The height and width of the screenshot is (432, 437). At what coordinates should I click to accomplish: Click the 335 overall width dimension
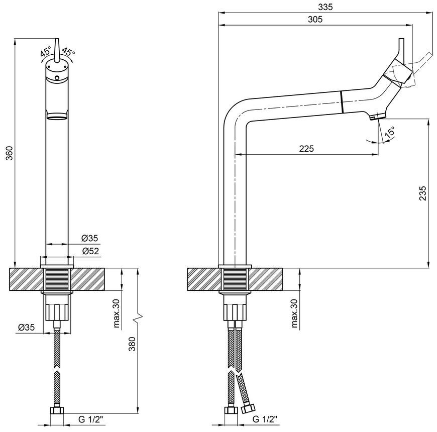coord(325,7)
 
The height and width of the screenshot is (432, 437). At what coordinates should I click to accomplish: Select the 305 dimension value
coord(315,19)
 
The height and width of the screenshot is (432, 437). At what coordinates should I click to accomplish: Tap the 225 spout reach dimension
coord(306,149)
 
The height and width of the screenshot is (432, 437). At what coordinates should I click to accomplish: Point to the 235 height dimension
coord(422,193)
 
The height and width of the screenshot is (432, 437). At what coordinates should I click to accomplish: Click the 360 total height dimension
coord(10,153)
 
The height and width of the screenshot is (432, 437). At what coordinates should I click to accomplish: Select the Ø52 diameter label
coord(90,251)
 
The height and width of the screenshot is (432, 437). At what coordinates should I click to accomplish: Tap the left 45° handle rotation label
coord(46,52)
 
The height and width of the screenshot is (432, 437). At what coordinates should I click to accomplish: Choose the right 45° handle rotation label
coord(68,52)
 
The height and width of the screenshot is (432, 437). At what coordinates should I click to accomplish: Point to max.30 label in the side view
coord(294,313)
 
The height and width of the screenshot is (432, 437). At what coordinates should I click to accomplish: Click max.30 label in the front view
coord(116,313)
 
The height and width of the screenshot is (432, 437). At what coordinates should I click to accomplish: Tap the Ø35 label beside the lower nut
coord(27,327)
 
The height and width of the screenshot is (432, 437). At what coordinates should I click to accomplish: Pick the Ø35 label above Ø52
coord(90,238)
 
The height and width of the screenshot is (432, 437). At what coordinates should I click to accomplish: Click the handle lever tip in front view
coord(57,39)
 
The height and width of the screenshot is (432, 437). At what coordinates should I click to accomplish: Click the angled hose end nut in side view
coord(248,408)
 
